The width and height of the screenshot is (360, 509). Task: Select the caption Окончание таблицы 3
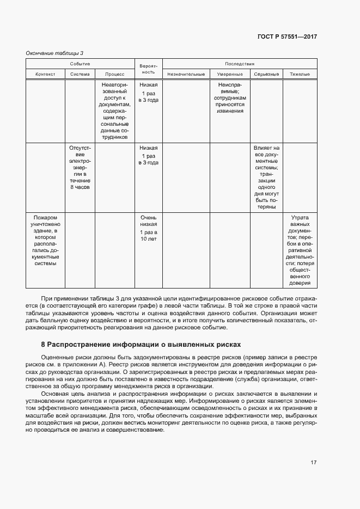tap(54, 53)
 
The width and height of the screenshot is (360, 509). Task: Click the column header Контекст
tap(45, 74)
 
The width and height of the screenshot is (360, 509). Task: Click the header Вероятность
tap(148, 69)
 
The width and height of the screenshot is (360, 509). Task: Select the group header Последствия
tap(239, 64)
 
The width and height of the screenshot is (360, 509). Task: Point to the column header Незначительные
tap(186, 74)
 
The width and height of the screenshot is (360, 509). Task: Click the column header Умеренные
tap(230, 74)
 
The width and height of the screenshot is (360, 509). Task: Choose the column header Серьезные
tap(266, 74)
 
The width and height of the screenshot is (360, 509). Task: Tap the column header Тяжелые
tap(300, 74)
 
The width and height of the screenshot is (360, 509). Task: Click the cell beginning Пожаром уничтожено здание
tap(45, 240)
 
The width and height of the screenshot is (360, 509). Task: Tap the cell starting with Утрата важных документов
tap(300, 249)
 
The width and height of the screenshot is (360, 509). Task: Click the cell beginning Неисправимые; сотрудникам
tap(230, 98)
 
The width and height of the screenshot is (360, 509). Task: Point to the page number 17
tap(313, 463)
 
